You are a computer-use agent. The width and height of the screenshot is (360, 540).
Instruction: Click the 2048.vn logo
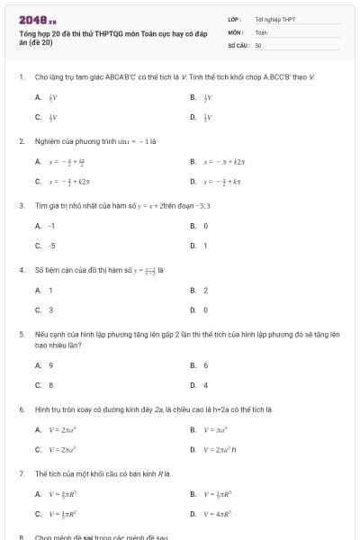click(x=38, y=19)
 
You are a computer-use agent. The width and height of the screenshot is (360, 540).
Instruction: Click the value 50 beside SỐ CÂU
click(x=258, y=44)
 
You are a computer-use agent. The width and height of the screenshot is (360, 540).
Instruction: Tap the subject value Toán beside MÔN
click(x=261, y=31)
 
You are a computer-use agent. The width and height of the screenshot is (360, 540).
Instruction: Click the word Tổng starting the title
click(x=27, y=31)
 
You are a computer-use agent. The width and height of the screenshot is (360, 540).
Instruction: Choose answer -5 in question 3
click(x=52, y=246)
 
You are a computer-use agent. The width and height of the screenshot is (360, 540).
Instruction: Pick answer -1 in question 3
click(x=52, y=226)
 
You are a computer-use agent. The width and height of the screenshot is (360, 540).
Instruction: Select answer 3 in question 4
click(x=50, y=310)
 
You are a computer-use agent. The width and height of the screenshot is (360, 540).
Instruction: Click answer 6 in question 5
click(x=206, y=364)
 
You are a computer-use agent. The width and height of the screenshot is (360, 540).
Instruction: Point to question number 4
click(x=21, y=269)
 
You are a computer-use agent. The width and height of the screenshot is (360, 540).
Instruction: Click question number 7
click(x=21, y=472)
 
